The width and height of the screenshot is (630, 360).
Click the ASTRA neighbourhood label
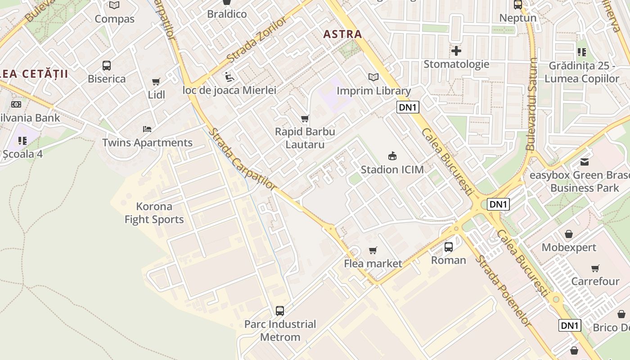pos(342,34)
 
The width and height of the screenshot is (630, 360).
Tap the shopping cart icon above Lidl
pos(156,81)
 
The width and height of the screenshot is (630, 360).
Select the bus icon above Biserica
pos(107,66)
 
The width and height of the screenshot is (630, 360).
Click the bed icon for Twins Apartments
pos(147,129)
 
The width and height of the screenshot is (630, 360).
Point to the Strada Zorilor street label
pos(256,40)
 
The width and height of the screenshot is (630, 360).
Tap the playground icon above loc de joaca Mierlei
pos(229,77)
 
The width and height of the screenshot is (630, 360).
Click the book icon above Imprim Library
pos(373,77)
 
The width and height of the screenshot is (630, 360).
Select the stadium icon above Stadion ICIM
pos(392,156)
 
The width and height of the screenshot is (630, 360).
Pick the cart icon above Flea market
pos(373,250)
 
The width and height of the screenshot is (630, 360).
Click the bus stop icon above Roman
pos(449,247)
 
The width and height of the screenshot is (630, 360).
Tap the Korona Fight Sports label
pos(154,213)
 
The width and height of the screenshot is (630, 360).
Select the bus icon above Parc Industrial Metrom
pos(280,310)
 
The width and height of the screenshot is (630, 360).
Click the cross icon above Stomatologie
pos(456,51)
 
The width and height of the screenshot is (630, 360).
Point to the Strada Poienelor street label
pos(504,291)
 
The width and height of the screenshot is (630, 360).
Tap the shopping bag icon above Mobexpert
pos(569,234)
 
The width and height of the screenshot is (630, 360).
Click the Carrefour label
pos(595,281)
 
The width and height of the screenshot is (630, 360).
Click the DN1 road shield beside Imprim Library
pos(408,107)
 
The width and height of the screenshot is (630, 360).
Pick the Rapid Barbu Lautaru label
pos(305,138)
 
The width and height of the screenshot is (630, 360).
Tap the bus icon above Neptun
pos(518,5)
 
